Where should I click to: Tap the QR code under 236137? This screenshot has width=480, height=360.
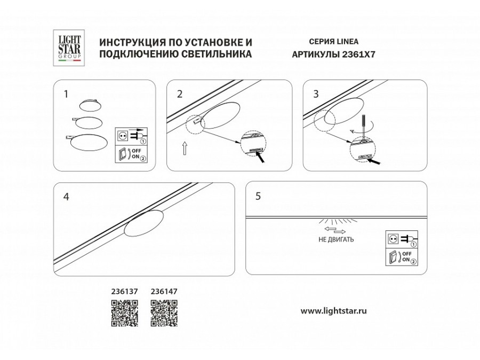pyautogui.click(x=124, y=313)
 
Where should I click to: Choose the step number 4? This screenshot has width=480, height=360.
pyautogui.click(x=66, y=196)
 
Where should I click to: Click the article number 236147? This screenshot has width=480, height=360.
pyautogui.click(x=164, y=292)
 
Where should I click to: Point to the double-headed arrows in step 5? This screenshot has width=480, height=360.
pyautogui.click(x=335, y=230)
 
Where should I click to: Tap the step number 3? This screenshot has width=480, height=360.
pyautogui.click(x=316, y=94)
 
